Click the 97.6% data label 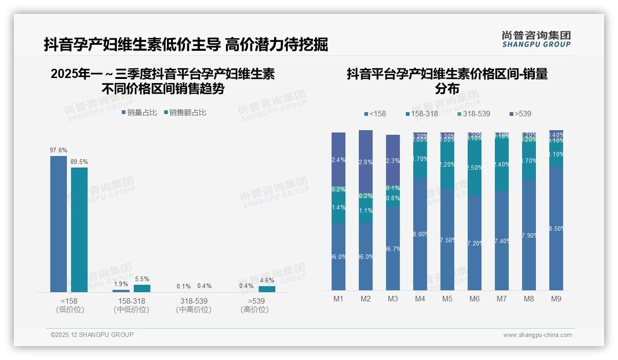59,150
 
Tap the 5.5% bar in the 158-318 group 142,288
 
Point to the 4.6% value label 267,280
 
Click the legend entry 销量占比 139,113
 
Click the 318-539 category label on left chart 194,301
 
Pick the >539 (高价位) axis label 255,305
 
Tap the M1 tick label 339,299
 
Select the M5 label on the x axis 447,299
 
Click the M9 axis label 556,299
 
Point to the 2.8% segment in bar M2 366,162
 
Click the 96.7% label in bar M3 393,249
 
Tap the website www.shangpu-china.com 537,335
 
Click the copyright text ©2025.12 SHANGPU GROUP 92,335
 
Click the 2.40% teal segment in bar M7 502,165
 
